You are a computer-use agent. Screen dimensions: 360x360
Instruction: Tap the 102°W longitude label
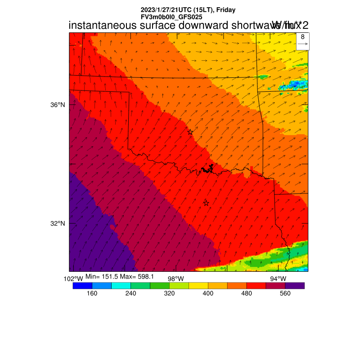click(x=74, y=279)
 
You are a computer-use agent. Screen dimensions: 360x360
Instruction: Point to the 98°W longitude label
click(x=175, y=279)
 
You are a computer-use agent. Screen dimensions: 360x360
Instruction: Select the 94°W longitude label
click(x=278, y=279)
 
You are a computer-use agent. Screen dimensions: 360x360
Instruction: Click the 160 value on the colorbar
click(x=92, y=293)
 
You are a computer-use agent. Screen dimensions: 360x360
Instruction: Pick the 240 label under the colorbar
click(x=130, y=293)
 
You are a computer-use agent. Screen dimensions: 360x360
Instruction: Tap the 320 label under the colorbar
click(x=169, y=293)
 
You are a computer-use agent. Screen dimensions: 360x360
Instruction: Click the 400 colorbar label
click(x=208, y=293)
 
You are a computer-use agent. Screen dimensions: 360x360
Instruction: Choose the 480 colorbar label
click(x=247, y=293)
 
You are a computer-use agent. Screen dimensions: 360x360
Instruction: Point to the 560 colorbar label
click(x=285, y=293)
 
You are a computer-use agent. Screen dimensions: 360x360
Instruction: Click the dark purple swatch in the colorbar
click(x=295, y=285)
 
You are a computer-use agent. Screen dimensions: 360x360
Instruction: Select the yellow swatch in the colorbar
click(x=198, y=285)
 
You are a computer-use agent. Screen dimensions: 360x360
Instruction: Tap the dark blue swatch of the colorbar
click(x=82, y=285)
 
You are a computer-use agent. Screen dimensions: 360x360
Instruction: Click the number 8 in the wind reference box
click(x=303, y=37)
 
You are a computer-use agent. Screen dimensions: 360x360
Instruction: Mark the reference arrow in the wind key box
click(x=303, y=44)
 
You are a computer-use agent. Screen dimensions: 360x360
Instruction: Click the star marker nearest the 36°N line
click(x=190, y=132)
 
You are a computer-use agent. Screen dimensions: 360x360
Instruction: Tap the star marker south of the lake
click(x=206, y=203)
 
